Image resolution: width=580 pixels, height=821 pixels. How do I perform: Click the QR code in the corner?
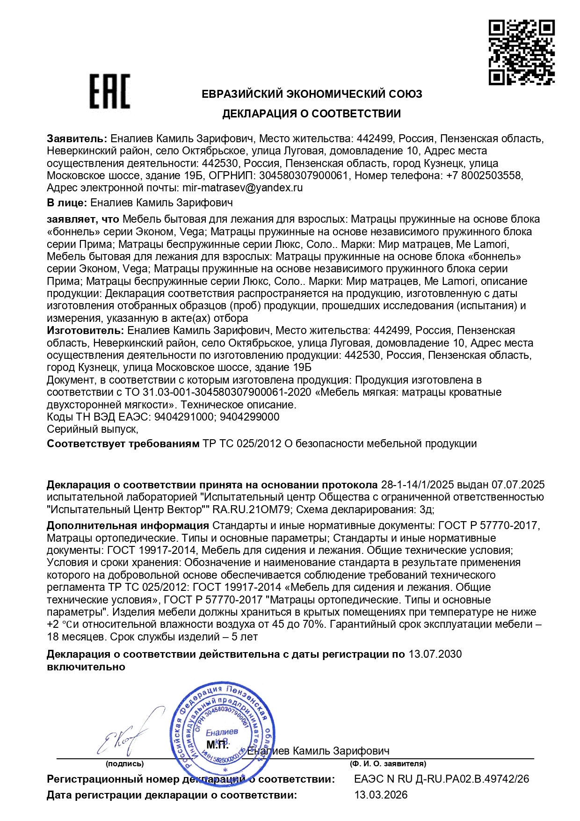pyautogui.click(x=522, y=52)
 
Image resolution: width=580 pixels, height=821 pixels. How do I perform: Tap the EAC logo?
pyautogui.click(x=109, y=92)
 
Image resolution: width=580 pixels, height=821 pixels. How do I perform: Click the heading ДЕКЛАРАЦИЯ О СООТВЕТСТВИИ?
pyautogui.click(x=311, y=114)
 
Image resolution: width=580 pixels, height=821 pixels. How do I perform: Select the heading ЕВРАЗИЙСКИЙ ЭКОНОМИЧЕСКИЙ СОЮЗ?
pyautogui.click(x=312, y=94)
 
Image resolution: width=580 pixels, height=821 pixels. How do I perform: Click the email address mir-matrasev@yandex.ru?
pyautogui.click(x=242, y=188)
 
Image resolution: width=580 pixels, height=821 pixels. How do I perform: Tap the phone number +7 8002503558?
pyautogui.click(x=484, y=176)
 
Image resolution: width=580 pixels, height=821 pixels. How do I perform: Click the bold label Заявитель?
pyautogui.click(x=77, y=139)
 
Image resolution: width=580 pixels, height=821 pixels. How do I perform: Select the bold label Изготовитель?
pyautogui.click(x=86, y=331)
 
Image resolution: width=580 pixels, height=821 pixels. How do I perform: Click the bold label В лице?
pyautogui.click(x=67, y=203)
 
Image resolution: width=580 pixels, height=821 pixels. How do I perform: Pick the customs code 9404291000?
pyautogui.click(x=184, y=417)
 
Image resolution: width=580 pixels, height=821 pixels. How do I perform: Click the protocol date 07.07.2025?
pyautogui.click(x=519, y=485)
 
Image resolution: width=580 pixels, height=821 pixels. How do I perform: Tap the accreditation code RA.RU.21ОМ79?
pyautogui.click(x=253, y=509)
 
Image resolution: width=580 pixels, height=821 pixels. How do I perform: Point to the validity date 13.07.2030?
pyautogui.click(x=435, y=654)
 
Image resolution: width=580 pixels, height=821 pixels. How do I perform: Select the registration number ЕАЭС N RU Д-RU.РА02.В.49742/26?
pyautogui.click(x=442, y=779)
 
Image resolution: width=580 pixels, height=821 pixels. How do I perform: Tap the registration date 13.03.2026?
pyautogui.click(x=381, y=795)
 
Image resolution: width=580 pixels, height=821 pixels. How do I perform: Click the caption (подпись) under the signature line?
pyautogui.click(x=124, y=764)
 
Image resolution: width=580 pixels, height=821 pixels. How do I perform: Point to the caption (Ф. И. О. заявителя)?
pyautogui.click(x=388, y=764)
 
